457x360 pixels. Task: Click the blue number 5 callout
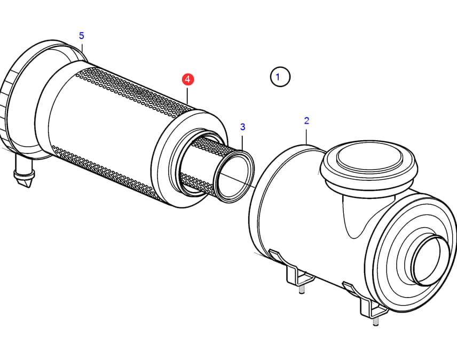click(81, 36)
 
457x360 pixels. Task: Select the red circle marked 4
click(188, 79)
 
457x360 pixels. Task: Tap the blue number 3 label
click(242, 127)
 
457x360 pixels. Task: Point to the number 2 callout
click(306, 121)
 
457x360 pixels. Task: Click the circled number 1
click(280, 77)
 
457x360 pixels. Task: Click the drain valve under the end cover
click(24, 172)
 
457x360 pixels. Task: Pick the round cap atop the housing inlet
click(369, 163)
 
